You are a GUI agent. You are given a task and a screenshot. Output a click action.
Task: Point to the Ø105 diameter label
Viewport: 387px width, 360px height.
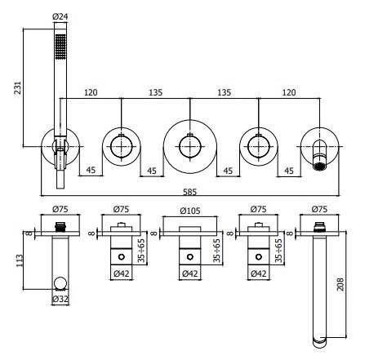tap(189, 209)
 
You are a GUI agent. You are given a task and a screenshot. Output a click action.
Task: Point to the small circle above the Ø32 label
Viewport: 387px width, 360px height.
tap(59, 284)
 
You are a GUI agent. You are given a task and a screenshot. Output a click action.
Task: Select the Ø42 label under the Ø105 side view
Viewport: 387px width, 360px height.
tap(189, 274)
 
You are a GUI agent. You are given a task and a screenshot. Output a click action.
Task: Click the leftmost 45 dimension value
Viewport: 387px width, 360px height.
tap(92, 171)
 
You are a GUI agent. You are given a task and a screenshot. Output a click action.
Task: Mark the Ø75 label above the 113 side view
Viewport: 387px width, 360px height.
tap(59, 209)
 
